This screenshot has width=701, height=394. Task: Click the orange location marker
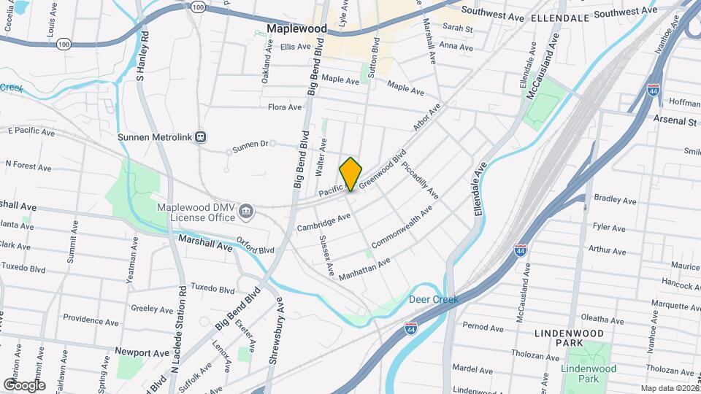click(x=350, y=174)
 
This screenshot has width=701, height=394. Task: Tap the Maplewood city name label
click(x=296, y=29)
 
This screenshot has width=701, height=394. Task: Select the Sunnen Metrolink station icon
click(x=201, y=136)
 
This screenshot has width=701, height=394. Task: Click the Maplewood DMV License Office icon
click(x=247, y=212)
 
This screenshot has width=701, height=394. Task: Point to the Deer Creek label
click(x=433, y=299)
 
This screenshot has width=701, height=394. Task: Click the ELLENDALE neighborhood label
click(x=559, y=16)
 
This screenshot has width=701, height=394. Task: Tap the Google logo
click(x=24, y=385)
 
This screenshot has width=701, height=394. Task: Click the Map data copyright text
click(x=670, y=388)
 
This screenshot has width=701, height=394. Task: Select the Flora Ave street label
click(x=285, y=107)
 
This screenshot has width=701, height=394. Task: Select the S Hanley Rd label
click(x=143, y=55)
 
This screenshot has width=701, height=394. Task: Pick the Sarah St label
click(x=458, y=28)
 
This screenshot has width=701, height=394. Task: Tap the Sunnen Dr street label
click(x=250, y=146)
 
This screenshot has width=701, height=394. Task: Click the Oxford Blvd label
click(x=256, y=246)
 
